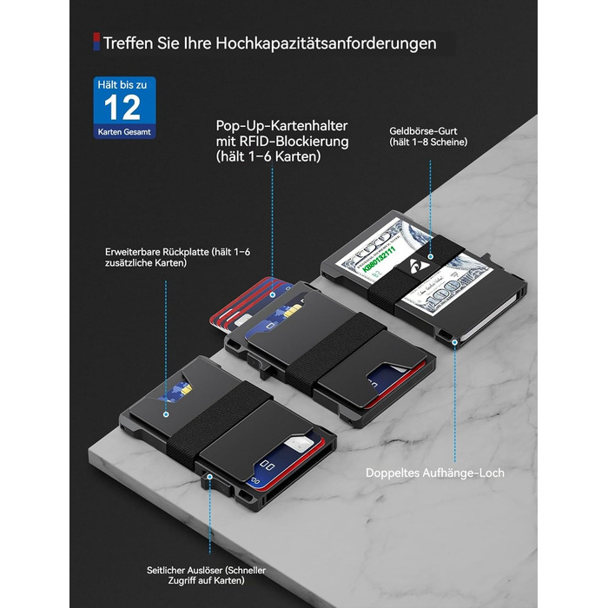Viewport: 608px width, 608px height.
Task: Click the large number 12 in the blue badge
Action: tap(122, 108)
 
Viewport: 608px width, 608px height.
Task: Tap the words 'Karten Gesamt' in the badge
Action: tap(124, 132)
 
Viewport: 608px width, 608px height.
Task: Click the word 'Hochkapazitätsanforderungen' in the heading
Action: tap(326, 43)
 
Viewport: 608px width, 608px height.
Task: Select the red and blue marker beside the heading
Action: tap(96, 42)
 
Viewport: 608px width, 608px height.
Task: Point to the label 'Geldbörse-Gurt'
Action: tap(423, 131)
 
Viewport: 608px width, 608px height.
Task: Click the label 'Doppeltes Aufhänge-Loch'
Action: tap(434, 473)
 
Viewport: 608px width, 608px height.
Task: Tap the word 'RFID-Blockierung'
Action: tap(294, 141)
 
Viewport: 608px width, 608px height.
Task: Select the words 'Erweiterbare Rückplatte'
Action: tap(157, 252)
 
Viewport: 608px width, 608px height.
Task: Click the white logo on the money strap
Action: tap(420, 267)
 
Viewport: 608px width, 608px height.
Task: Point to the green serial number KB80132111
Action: tap(379, 257)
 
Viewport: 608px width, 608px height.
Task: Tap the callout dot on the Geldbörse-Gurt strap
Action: tap(431, 256)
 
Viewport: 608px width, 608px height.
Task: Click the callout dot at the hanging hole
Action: tap(455, 342)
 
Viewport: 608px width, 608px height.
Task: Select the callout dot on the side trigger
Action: tap(210, 477)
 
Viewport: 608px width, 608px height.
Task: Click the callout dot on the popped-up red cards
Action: tap(273, 295)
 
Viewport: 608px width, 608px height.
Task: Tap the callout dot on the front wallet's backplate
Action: tap(166, 414)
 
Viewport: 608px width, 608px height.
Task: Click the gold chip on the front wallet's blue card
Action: tap(187, 388)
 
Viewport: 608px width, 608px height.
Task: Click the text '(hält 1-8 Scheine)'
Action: tap(428, 142)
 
